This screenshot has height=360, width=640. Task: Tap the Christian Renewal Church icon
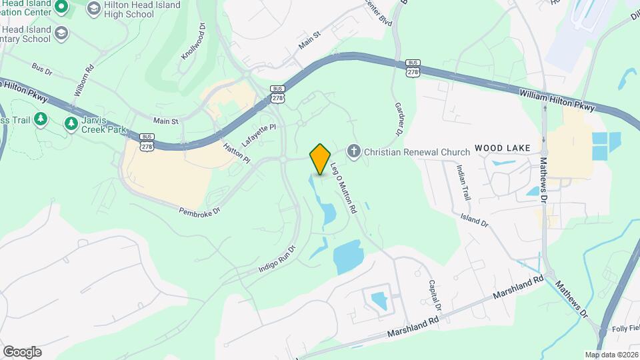353,152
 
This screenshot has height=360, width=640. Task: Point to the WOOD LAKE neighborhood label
502,147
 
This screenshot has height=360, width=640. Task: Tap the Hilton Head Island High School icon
93,8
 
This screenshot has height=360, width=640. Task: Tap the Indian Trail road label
465,181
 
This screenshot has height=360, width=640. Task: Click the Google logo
22,352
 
